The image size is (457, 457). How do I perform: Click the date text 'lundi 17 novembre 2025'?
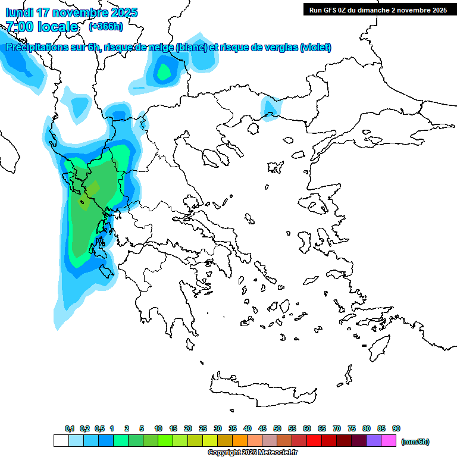click(71, 12)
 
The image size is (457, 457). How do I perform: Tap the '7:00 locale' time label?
click(42, 26)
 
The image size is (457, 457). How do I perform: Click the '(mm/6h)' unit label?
click(415, 442)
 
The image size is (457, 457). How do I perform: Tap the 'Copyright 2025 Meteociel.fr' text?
click(252, 453)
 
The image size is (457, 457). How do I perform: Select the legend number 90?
click(396, 428)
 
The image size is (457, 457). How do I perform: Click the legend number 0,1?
click(70, 428)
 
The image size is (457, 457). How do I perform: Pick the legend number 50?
click(277, 428)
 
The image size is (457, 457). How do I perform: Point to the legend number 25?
click(203, 428)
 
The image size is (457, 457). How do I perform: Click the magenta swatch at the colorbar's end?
click(389, 441)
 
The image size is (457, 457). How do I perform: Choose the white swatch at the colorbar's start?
click(61, 441)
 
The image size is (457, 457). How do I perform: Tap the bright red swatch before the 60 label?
click(299, 441)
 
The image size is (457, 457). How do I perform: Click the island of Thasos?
click(255, 127)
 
